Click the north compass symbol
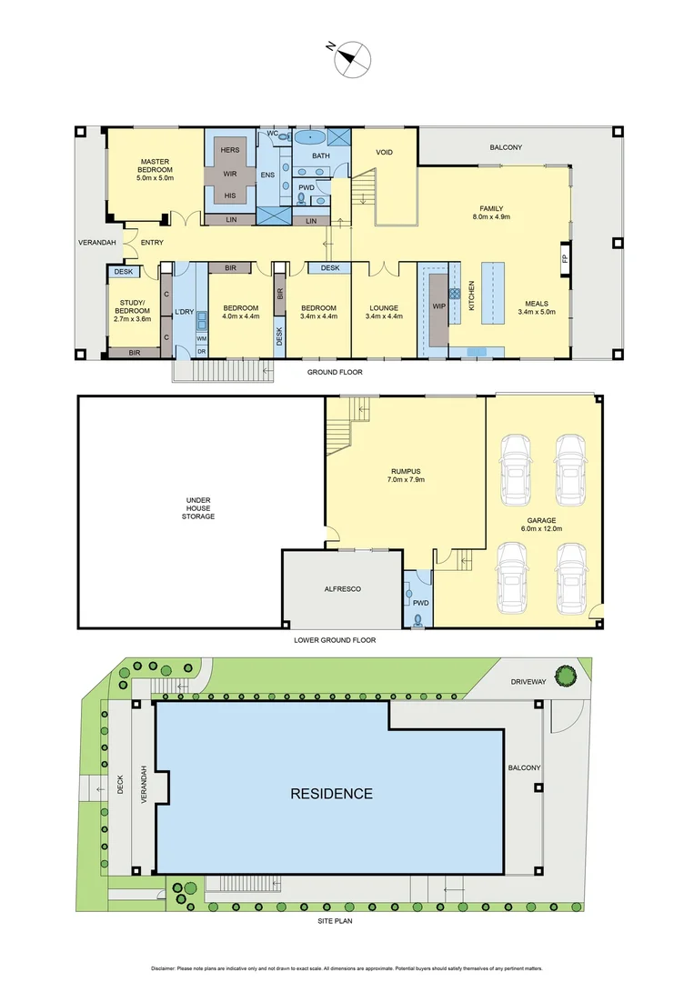pyautogui.click(x=351, y=58)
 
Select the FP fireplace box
pyautogui.click(x=565, y=258)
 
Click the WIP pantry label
pyautogui.click(x=438, y=306)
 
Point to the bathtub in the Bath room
pyautogui.click(x=309, y=137)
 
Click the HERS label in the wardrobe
pyautogui.click(x=230, y=150)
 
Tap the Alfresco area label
pyautogui.click(x=343, y=589)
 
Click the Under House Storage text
pyautogui.click(x=198, y=508)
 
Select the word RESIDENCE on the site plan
pyautogui.click(x=331, y=794)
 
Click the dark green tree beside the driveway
pyautogui.click(x=565, y=676)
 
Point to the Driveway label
pyautogui.click(x=528, y=682)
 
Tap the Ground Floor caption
pyautogui.click(x=335, y=372)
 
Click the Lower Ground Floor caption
pyautogui.click(x=335, y=640)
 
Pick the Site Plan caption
pyautogui.click(x=335, y=920)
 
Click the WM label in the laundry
pyautogui.click(x=202, y=338)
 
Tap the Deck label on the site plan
pyautogui.click(x=120, y=785)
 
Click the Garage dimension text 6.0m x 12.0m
pyautogui.click(x=541, y=528)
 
